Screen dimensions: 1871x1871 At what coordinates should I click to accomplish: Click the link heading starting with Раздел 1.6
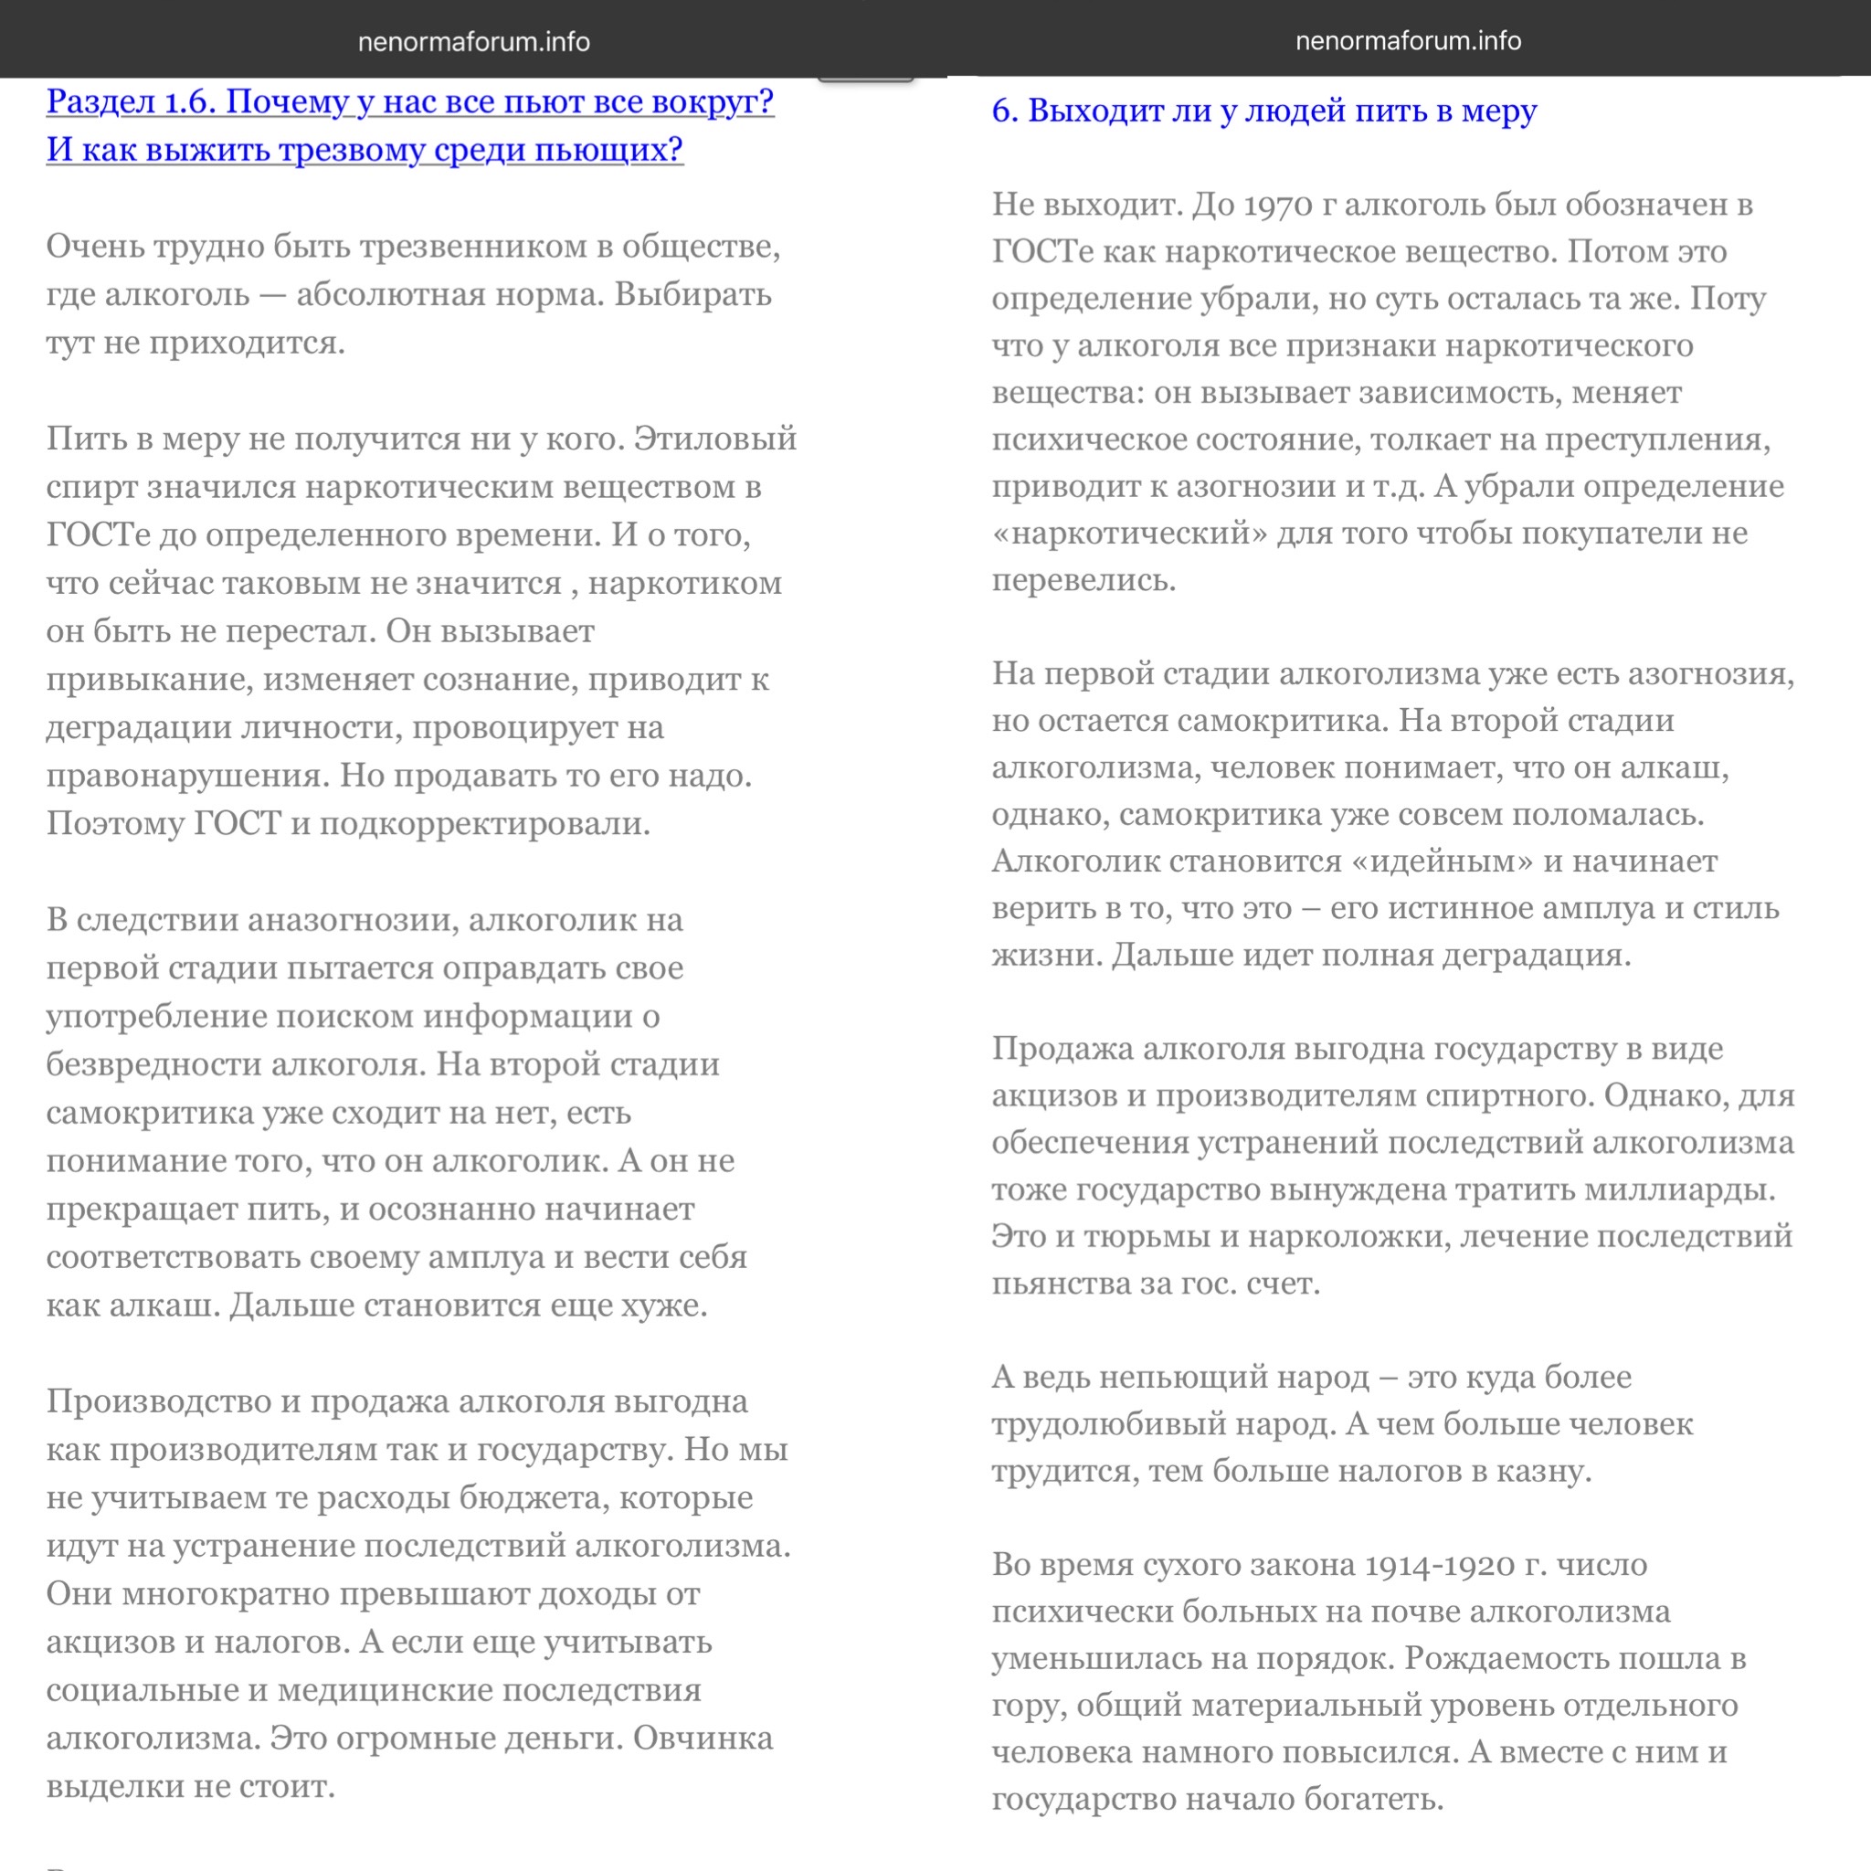tap(409, 102)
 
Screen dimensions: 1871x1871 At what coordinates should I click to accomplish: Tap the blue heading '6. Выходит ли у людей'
tap(1263, 111)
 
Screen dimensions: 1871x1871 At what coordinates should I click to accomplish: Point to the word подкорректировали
tap(484, 823)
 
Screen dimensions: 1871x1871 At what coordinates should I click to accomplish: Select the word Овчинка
tap(703, 1739)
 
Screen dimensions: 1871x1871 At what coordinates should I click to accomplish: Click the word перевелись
tap(1083, 580)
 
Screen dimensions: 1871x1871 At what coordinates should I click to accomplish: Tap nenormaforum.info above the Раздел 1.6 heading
tap(473, 42)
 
